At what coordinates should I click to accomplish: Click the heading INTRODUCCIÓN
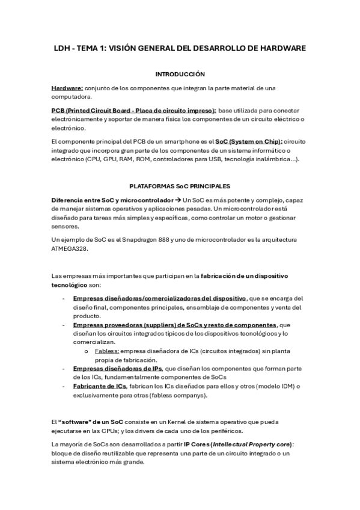(x=180, y=74)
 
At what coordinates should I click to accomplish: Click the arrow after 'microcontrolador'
(x=186, y=200)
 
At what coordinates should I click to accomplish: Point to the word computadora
(x=72, y=97)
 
